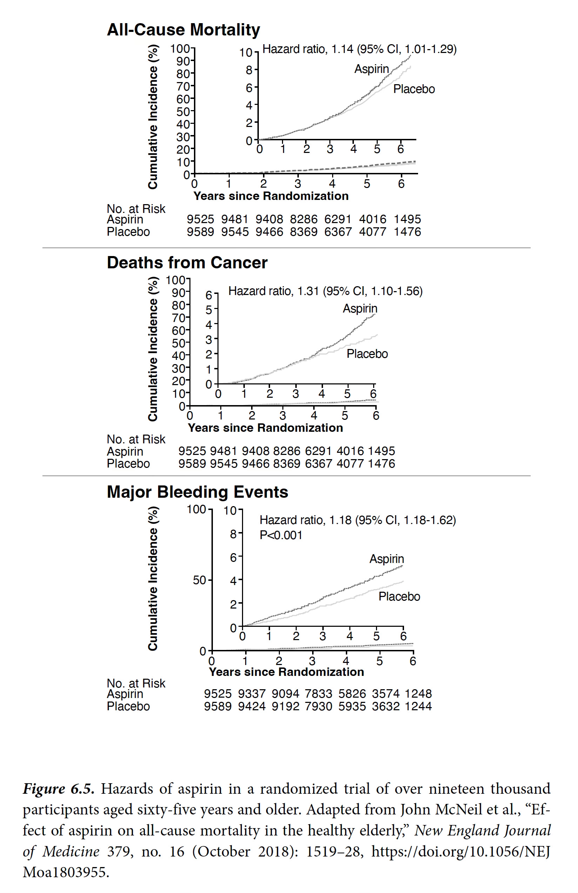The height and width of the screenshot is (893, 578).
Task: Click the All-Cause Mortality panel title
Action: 183,30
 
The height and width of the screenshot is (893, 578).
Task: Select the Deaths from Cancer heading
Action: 187,262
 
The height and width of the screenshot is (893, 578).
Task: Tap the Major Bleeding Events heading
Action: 197,492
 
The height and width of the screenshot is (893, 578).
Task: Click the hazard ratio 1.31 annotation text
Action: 325,291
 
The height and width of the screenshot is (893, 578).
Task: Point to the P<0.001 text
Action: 281,535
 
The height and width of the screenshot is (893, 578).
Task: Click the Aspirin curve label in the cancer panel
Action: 360,308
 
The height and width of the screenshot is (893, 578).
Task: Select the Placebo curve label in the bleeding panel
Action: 399,597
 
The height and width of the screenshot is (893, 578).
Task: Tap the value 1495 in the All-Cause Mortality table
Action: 407,219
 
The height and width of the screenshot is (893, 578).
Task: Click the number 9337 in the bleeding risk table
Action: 251,694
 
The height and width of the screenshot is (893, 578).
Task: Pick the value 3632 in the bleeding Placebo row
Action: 385,706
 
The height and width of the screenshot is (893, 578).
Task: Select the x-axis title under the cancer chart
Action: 265,428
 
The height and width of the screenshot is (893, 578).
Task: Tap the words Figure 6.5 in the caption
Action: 59,789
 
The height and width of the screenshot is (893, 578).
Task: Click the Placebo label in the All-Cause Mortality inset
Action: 414,89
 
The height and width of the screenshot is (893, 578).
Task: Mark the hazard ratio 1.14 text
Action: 359,49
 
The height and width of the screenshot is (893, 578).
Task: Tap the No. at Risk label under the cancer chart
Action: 136,439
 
